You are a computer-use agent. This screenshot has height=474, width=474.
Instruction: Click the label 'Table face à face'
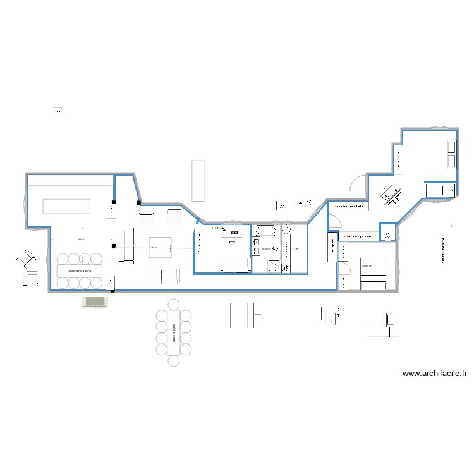[75, 270]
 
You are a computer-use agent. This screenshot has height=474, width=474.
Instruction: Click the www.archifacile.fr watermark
[435, 374]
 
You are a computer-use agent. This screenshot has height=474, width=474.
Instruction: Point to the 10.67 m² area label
[367, 266]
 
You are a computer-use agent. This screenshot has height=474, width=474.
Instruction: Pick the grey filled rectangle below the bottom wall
[95, 303]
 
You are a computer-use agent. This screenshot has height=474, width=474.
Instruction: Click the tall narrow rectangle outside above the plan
[197, 180]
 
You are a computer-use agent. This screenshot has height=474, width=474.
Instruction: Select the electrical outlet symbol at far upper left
[59, 112]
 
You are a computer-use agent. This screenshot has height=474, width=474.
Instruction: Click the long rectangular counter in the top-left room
[66, 206]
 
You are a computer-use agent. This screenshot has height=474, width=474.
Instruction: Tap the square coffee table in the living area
[160, 248]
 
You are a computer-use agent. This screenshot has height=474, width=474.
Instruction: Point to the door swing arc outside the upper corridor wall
[358, 183]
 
